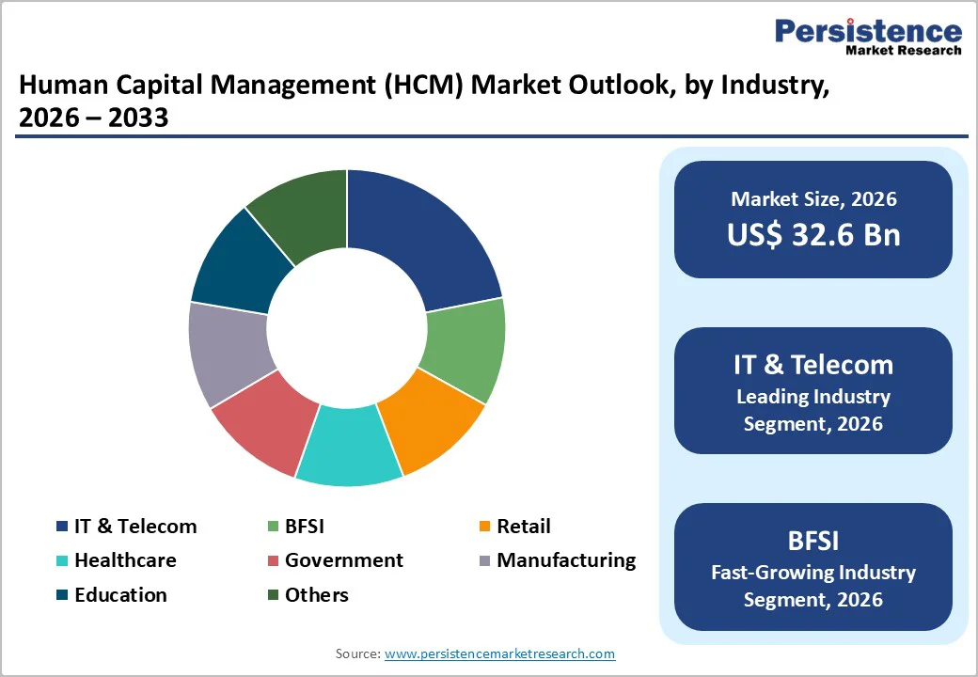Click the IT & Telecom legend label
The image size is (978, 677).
[x=135, y=527]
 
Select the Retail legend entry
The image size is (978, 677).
[x=523, y=527]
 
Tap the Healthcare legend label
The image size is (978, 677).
[x=125, y=560]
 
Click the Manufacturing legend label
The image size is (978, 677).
[x=566, y=560]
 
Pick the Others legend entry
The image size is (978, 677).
[x=317, y=595]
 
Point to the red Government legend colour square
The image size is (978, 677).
[x=273, y=561]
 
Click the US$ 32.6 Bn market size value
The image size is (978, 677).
[x=813, y=235]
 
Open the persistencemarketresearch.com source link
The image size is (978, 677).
[x=499, y=653]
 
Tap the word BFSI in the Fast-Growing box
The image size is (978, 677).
[x=813, y=541]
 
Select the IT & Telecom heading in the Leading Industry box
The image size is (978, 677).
[x=813, y=365]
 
